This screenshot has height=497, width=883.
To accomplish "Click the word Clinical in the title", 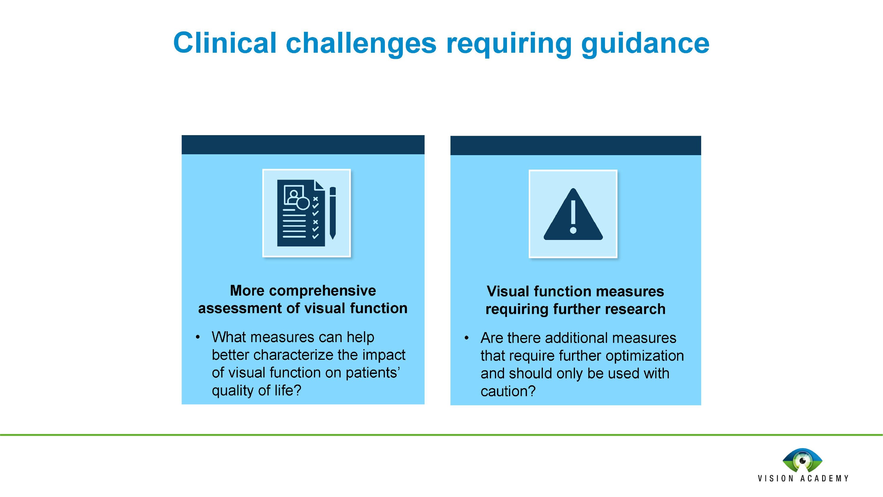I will tap(225, 43).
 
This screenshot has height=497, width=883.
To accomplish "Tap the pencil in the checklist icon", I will tap(332, 213).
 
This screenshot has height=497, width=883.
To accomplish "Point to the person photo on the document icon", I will tap(294, 195).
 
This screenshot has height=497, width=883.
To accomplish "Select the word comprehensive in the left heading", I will tap(322, 291).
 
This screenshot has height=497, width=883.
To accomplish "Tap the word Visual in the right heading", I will tap(508, 291).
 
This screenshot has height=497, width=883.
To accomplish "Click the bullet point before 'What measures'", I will tap(198, 337).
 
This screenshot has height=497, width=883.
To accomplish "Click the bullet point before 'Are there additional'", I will tap(466, 338).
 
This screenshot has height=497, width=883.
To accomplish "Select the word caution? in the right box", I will tap(508, 391).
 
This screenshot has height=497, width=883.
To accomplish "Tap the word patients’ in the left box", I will tap(373, 373).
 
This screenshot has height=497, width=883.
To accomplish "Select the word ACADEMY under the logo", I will tap(824, 478).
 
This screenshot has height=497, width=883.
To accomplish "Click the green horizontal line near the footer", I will tap(441, 435).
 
